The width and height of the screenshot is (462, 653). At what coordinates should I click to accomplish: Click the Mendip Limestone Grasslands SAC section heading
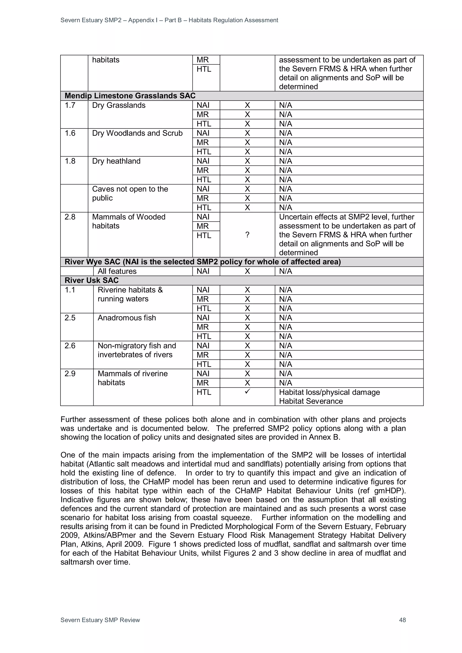pos(130,96)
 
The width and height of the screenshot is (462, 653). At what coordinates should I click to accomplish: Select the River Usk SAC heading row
pos(92,281)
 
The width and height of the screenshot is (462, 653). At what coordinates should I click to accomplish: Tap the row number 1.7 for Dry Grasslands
pos(70,105)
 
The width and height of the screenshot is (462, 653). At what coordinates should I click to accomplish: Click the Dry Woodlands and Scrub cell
pos(137,133)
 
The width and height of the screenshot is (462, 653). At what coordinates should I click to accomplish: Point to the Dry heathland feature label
pos(116,161)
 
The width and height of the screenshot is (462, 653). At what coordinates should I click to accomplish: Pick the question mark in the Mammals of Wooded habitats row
pos(247,235)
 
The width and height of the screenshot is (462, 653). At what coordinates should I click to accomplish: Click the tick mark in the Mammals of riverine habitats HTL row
pos(247,392)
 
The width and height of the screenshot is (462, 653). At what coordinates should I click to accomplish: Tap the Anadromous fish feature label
pos(127,318)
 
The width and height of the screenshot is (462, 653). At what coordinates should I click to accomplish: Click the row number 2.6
pos(70,346)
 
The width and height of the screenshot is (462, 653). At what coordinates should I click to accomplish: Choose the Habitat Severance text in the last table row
pos(311,401)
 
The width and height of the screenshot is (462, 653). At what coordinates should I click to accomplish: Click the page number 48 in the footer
pos(402,620)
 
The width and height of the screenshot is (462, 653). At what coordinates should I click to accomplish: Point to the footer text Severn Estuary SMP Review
pos(100,620)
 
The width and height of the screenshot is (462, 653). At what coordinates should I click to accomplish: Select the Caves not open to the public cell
pos(130,193)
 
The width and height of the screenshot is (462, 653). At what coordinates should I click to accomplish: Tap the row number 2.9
pos(70,373)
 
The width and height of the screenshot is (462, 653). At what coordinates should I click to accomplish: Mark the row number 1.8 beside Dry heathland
pos(70,161)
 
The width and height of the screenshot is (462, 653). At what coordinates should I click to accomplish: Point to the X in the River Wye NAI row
pos(247,271)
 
